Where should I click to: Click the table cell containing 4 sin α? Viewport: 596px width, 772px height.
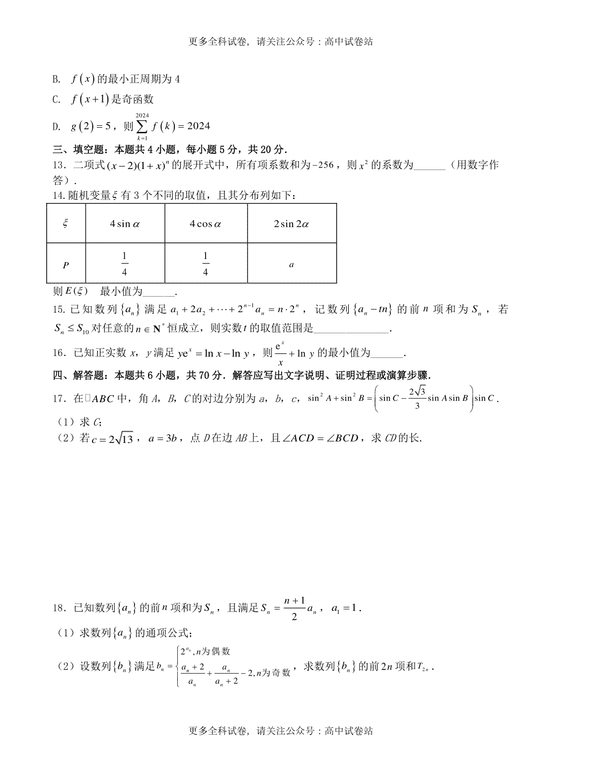pyautogui.click(x=125, y=224)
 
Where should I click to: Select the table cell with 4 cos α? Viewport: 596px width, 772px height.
pyautogui.click(x=206, y=224)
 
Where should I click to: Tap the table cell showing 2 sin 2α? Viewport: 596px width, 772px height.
pyautogui.click(x=292, y=224)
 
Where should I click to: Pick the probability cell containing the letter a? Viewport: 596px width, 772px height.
pyautogui.click(x=292, y=264)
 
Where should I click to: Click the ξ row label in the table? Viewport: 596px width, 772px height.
pyautogui.click(x=66, y=224)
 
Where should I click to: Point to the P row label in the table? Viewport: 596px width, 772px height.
pyautogui.click(x=66, y=265)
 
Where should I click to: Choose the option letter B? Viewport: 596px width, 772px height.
pyautogui.click(x=56, y=79)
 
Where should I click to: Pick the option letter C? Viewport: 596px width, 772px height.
pyautogui.click(x=56, y=99)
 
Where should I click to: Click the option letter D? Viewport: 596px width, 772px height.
pyautogui.click(x=56, y=127)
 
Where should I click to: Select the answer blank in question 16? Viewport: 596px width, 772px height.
pyautogui.click(x=387, y=354)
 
